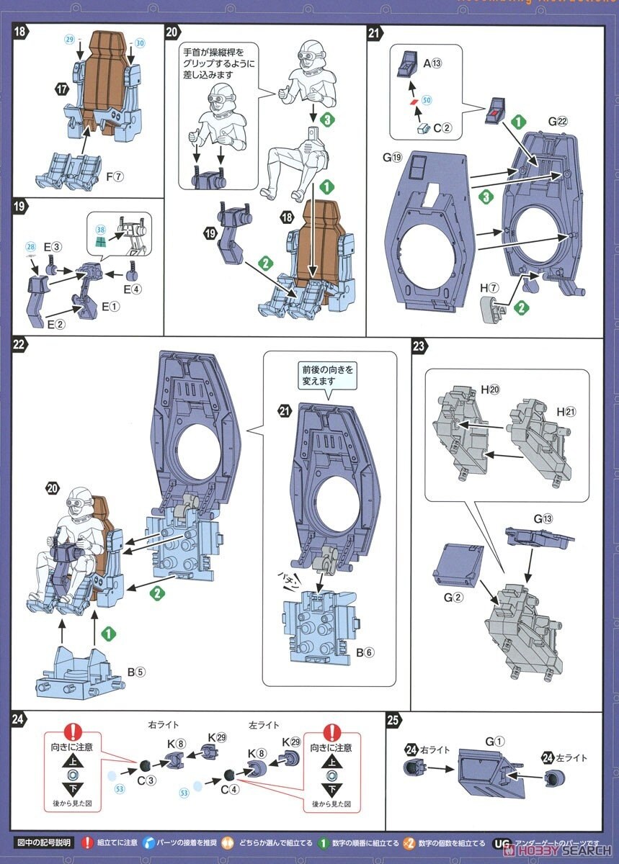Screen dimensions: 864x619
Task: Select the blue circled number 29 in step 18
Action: [x=69, y=40]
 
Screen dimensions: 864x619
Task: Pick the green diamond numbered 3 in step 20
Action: [x=328, y=121]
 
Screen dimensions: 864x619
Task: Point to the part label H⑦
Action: [x=489, y=288]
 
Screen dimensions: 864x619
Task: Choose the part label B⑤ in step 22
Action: [x=136, y=672]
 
